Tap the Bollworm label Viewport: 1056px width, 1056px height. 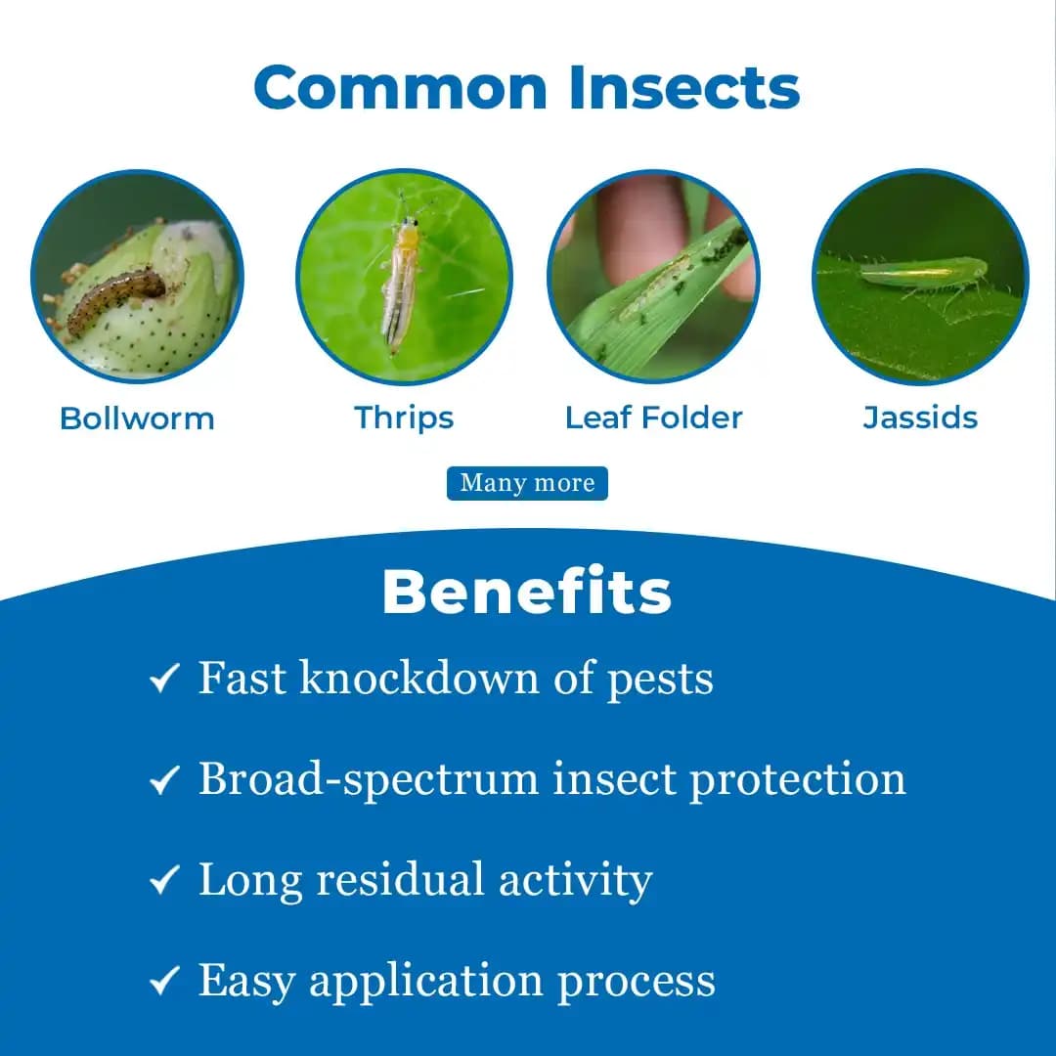137,418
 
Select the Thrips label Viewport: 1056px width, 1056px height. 404,418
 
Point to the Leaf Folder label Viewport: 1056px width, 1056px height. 653,418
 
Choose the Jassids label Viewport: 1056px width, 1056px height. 920,418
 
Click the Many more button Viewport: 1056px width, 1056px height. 527,483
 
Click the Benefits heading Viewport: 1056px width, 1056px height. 527,593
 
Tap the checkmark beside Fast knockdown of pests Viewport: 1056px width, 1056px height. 164,678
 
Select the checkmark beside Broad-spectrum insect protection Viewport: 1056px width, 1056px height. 164,779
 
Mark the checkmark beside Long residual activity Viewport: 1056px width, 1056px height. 164,880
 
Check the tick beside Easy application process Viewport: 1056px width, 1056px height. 164,981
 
